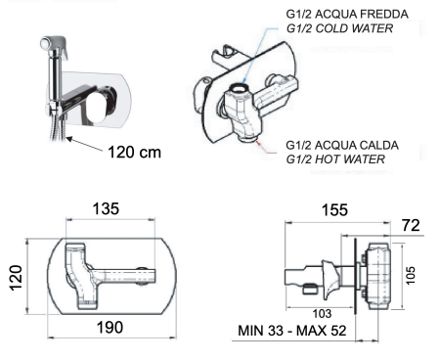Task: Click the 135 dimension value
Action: point(106,209)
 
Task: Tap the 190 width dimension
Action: point(110,328)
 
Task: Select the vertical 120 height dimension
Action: point(16,278)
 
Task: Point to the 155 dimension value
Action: point(334,210)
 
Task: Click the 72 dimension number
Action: point(411,225)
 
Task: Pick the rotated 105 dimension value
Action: point(411,276)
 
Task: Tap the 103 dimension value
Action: point(322,314)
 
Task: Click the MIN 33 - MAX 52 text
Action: point(292,331)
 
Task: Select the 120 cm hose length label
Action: point(134,153)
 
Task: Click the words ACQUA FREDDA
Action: point(362,15)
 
